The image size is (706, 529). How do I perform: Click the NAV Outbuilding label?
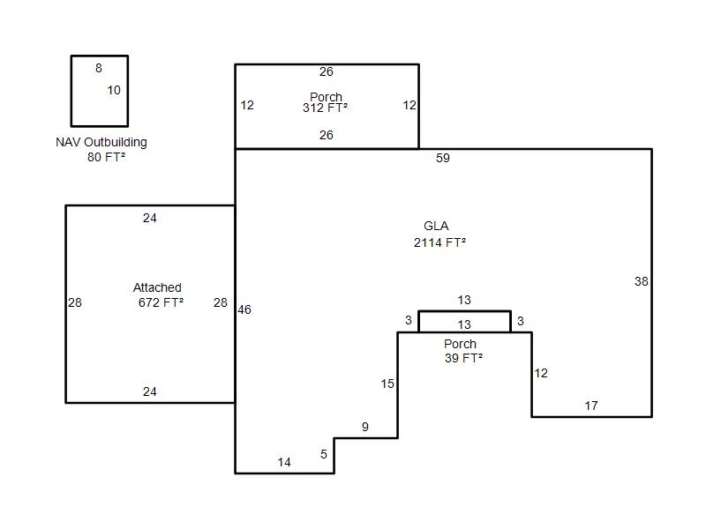point(101,142)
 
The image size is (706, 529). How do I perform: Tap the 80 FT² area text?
point(106,157)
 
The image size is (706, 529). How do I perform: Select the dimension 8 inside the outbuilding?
point(99,68)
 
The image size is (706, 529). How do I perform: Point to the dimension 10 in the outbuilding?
point(114,90)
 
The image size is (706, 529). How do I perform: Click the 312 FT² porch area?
point(325,108)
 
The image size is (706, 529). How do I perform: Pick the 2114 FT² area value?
point(439,243)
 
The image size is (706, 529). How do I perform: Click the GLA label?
point(436,226)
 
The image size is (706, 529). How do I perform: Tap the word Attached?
point(157,287)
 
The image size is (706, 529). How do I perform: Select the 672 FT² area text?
point(161,302)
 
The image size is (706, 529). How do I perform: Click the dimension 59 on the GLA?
point(443,158)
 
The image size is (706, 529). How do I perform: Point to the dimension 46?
point(244,309)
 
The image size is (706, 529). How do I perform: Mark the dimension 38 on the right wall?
point(642,281)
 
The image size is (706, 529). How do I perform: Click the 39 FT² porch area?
point(463,358)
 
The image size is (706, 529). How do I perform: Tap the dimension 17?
point(591,406)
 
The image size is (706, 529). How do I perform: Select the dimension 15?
point(387,384)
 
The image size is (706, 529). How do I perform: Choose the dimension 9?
point(365,427)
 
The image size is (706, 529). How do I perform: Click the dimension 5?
point(324,454)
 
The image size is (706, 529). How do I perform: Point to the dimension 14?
point(284,462)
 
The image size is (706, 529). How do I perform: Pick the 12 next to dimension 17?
point(541,373)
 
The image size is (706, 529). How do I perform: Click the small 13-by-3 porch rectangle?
point(465,311)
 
